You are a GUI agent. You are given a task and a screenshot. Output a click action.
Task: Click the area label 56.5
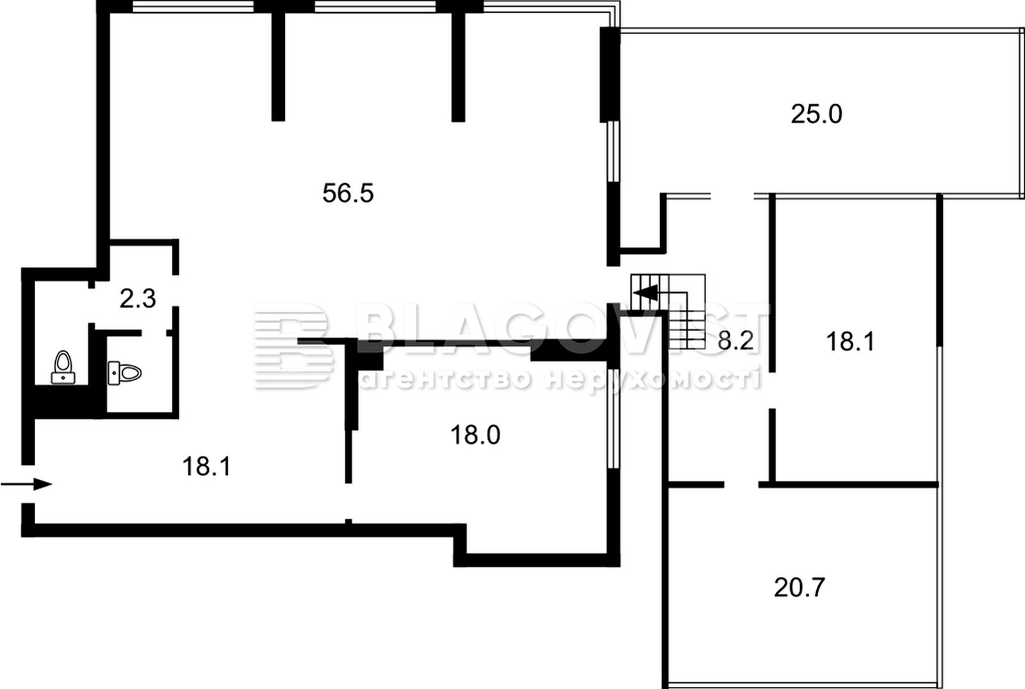(x=348, y=193)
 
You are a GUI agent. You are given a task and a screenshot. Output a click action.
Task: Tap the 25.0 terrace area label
(x=816, y=115)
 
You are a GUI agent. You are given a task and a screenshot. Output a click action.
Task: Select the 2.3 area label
(x=138, y=299)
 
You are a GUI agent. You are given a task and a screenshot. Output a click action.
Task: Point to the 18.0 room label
(x=475, y=435)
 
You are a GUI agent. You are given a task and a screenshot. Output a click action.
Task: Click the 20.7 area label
(x=799, y=587)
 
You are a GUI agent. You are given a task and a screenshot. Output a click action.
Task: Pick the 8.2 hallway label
(x=735, y=341)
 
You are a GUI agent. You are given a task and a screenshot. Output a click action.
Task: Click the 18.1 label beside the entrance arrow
(x=206, y=467)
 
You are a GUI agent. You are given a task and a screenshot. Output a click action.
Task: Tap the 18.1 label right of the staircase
(x=850, y=342)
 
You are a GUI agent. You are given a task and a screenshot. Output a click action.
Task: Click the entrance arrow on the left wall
(x=26, y=484)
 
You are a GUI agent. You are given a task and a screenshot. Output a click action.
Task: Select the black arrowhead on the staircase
(x=648, y=293)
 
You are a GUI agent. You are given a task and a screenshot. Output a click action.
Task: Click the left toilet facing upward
(x=63, y=367)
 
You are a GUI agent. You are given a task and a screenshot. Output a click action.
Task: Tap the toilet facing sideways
(x=124, y=373)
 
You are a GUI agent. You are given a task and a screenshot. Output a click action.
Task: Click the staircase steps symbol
(x=668, y=311)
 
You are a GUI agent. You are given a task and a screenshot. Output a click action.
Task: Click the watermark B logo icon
(x=293, y=346)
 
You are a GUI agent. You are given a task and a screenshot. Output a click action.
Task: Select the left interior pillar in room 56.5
(x=278, y=67)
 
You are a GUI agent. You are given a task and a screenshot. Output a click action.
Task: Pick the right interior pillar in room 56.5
(x=458, y=67)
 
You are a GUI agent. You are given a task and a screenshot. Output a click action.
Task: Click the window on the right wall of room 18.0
(x=613, y=419)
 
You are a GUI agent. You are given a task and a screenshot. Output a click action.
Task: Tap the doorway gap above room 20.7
(x=741, y=485)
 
